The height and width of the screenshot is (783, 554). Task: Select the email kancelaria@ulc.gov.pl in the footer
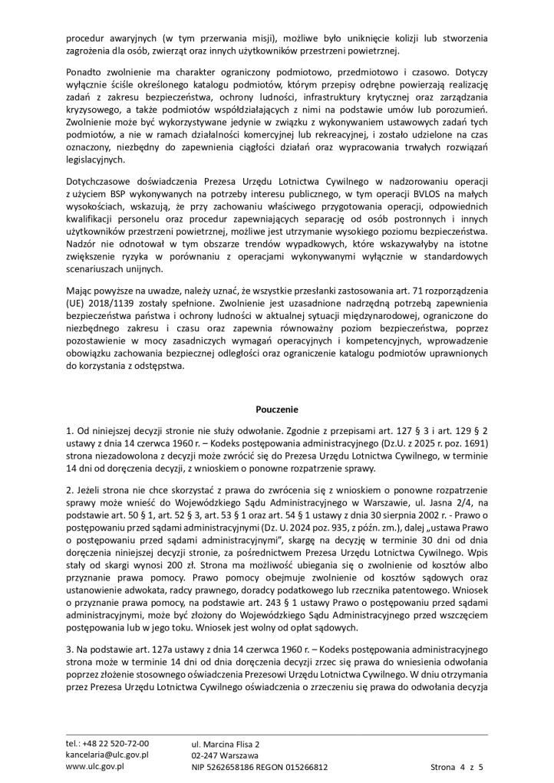tap(107, 755)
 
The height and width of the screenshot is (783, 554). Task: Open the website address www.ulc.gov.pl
tap(95, 766)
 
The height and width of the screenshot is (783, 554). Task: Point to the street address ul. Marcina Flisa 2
tap(226, 743)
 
